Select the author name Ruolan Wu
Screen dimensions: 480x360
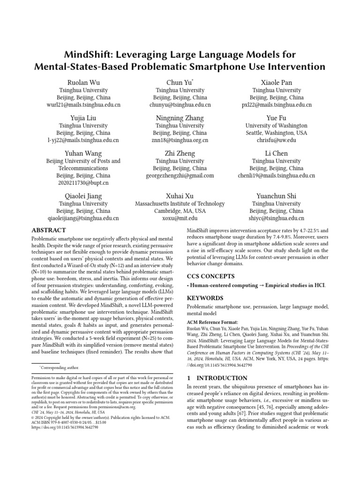tap(83, 82)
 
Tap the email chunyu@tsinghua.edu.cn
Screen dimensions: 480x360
tap(180, 105)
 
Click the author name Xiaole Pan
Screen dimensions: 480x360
tap(276, 82)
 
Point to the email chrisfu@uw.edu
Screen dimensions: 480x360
tap(277, 140)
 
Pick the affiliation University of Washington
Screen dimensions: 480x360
tap(277, 126)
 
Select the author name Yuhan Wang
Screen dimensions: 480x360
tap(83, 153)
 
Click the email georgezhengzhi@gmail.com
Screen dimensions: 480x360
tap(180, 176)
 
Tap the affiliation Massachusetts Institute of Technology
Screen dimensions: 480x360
tap(180, 204)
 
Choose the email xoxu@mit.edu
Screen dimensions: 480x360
tap(180, 218)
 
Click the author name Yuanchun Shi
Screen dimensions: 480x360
tap(276, 196)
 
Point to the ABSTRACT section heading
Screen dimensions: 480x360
tap(49, 230)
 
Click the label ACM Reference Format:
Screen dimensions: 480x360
tap(212, 322)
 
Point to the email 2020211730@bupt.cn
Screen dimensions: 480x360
tap(83, 183)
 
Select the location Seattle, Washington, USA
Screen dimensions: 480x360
tap(277, 133)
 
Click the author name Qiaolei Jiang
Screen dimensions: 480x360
tap(83, 196)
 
